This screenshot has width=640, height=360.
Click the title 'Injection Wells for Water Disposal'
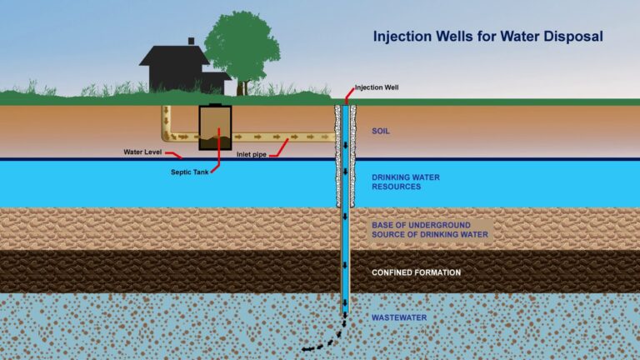click(x=487, y=37)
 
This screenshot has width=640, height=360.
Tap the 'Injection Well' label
click(x=375, y=87)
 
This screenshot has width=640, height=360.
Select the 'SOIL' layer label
click(x=381, y=131)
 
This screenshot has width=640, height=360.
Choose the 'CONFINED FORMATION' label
click(x=416, y=272)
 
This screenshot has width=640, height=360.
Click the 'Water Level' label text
click(x=140, y=152)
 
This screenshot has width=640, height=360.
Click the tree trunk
click(x=241, y=86)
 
